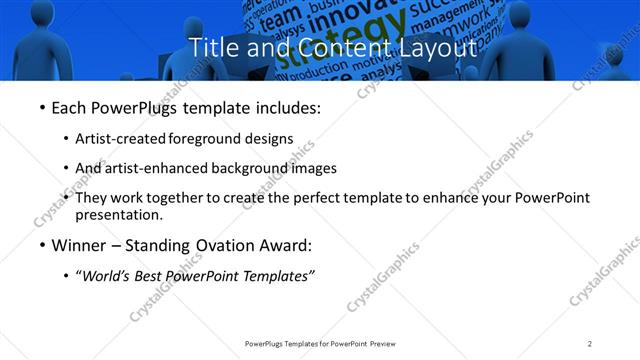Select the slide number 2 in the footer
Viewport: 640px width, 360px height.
pos(590,343)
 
